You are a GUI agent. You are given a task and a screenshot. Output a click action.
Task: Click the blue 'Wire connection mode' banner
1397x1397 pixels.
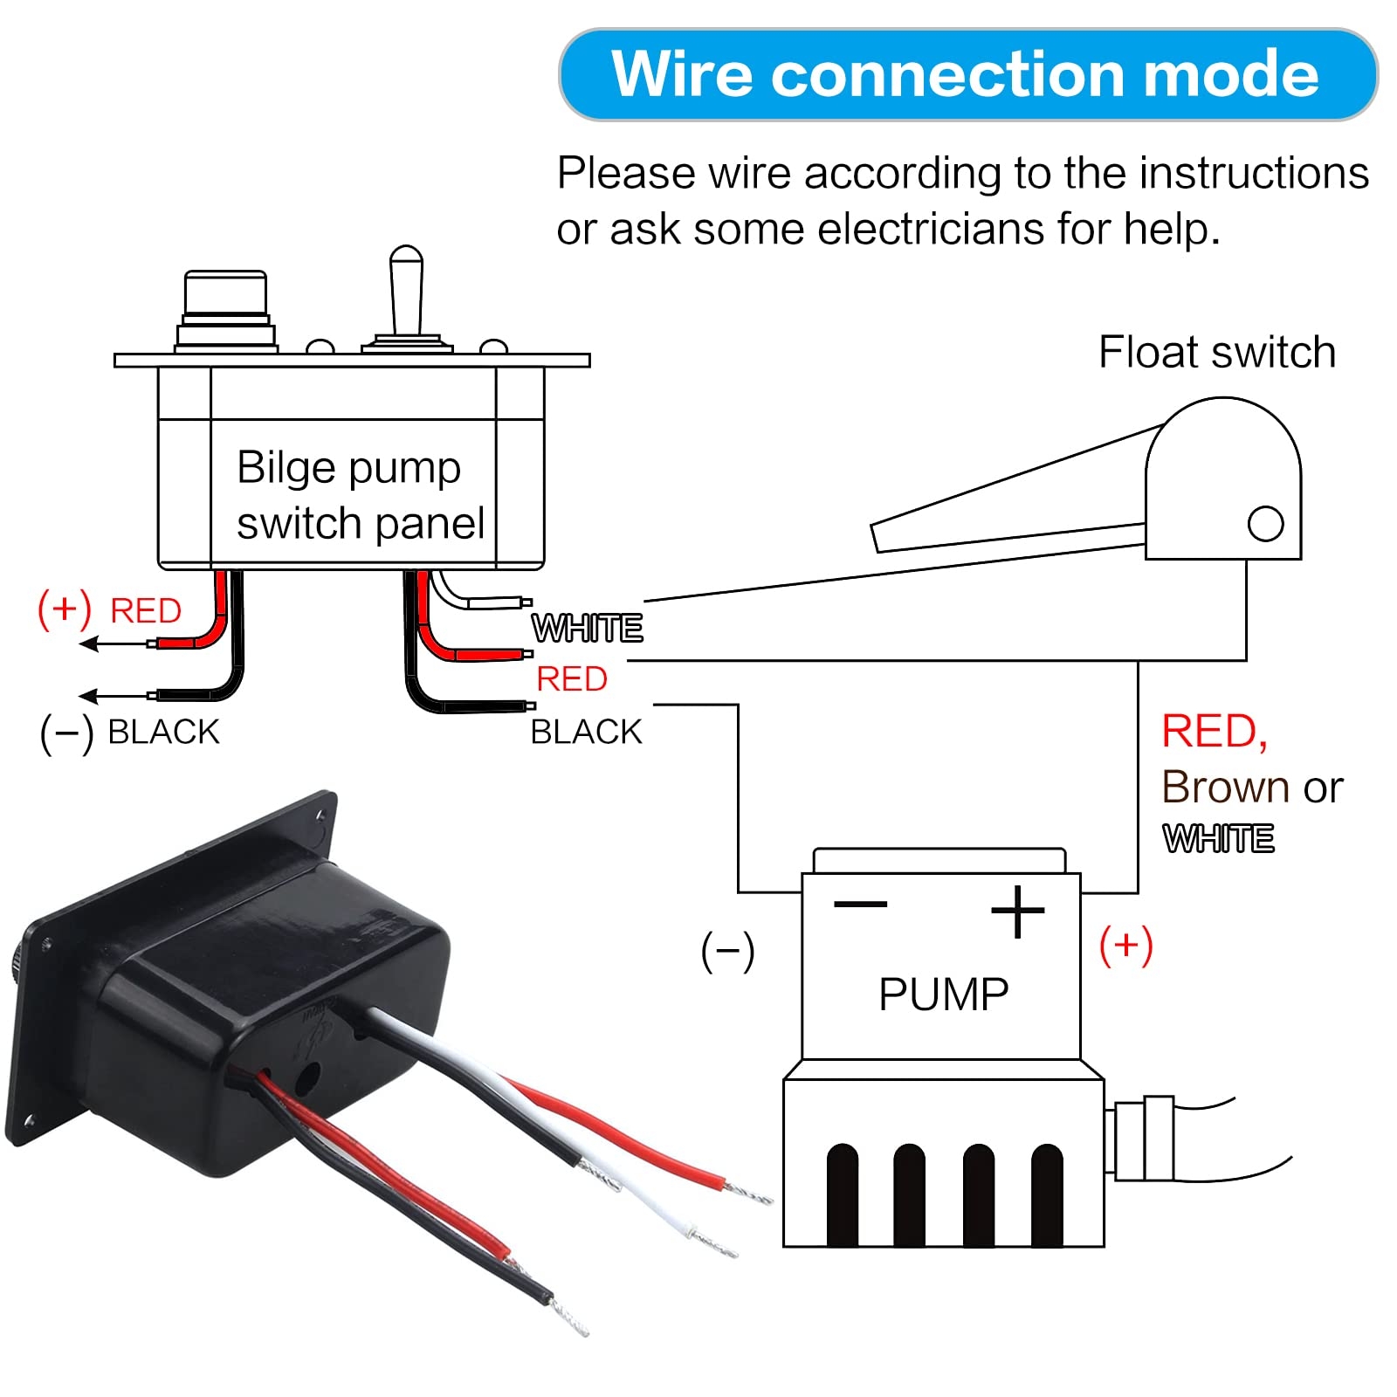pos(967,74)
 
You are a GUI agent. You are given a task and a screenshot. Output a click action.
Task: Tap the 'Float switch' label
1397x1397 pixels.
pos(1216,353)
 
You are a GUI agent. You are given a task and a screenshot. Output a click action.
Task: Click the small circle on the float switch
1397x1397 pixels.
pos(1265,524)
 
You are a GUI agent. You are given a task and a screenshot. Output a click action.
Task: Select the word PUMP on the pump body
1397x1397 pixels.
pos(943,994)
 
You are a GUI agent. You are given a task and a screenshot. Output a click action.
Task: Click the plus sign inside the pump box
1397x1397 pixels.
pos(1017,912)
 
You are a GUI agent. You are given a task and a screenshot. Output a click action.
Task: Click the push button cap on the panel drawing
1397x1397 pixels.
pos(225,295)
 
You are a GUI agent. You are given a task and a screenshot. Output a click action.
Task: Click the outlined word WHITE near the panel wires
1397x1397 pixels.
pos(587,629)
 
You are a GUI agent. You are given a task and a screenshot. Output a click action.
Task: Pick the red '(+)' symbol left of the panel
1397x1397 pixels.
pos(64,609)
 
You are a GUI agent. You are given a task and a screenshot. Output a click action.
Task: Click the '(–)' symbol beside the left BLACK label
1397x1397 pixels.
pos(66,733)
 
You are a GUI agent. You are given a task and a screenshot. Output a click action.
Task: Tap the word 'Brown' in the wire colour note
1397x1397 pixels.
pos(1227,788)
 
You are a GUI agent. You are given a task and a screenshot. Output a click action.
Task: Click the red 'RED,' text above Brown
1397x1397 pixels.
pos(1214,732)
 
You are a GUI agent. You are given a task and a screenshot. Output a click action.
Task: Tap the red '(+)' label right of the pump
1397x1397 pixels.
pos(1125,946)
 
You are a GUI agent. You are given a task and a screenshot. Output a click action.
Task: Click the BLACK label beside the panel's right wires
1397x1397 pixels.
pos(586,733)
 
